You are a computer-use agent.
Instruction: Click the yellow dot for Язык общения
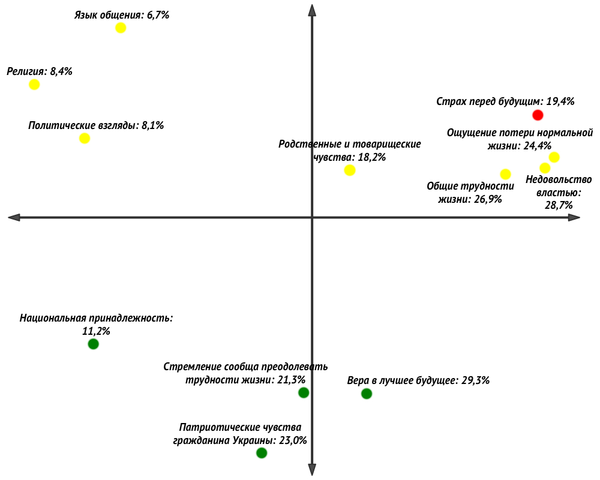click(121, 28)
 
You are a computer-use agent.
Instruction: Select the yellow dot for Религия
click(34, 84)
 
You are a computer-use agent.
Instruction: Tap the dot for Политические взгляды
click(85, 138)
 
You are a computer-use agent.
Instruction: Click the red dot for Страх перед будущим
click(538, 115)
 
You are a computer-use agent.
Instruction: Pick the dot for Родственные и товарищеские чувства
click(350, 170)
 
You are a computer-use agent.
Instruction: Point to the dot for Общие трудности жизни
click(505, 174)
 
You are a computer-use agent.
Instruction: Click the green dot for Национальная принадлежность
click(93, 344)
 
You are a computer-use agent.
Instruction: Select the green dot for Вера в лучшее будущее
click(367, 394)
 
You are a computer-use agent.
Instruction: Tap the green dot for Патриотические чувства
click(262, 453)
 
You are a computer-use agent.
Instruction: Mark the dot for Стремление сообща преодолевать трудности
click(304, 392)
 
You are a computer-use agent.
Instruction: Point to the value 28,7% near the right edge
click(559, 205)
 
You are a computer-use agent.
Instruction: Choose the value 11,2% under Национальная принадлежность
click(96, 331)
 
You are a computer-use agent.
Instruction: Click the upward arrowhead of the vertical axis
click(312, 8)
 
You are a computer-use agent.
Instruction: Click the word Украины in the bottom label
click(254, 440)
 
